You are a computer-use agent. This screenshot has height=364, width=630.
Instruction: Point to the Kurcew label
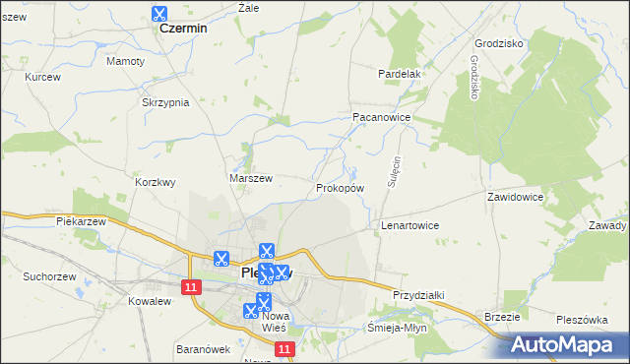coord(43,77)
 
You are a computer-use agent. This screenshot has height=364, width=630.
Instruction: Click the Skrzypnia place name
coord(165,103)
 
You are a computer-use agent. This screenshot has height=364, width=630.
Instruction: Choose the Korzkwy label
coord(155,182)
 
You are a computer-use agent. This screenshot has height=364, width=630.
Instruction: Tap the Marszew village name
coord(250,178)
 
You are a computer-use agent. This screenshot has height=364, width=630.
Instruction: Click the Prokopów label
coord(341,187)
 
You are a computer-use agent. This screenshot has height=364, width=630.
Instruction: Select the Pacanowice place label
coord(381,116)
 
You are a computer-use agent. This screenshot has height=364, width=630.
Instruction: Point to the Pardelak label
coord(400,74)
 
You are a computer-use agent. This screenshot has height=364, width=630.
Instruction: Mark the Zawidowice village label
coord(515,197)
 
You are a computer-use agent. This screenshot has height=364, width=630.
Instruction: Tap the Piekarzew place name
coord(82,222)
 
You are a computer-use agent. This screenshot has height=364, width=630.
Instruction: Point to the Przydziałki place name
coord(419,295)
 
